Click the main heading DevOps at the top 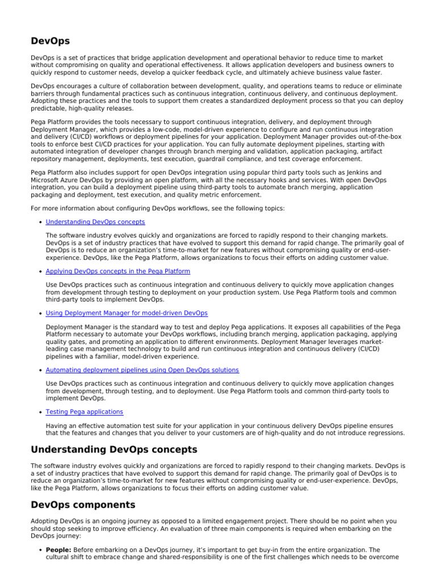tap(51, 41)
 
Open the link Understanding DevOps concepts tap(95, 222)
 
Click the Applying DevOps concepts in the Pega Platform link tap(118, 272)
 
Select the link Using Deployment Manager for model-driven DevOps tap(126, 313)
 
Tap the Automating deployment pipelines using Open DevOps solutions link tap(142, 370)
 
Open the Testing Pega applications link tap(84, 411)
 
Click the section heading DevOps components tap(83, 505)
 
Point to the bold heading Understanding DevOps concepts tap(114, 450)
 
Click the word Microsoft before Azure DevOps tap(46, 180)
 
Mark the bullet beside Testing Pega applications tap(40, 412)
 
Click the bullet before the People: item tap(40, 550)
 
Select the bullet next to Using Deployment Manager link tap(40, 314)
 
